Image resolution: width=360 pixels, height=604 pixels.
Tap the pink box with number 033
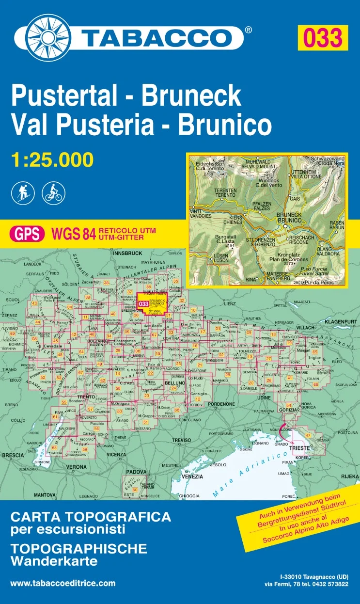tap(322, 37)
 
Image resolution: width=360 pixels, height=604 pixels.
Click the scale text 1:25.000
tap(52, 159)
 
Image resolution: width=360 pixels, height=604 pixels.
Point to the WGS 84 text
tap(72, 234)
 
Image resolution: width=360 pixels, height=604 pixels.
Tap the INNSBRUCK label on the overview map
tap(127, 253)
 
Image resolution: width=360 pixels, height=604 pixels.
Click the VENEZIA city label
tap(193, 477)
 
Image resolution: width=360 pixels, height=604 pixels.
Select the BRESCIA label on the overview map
tap(13, 455)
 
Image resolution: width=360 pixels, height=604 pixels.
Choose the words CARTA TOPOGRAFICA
tap(91, 517)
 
